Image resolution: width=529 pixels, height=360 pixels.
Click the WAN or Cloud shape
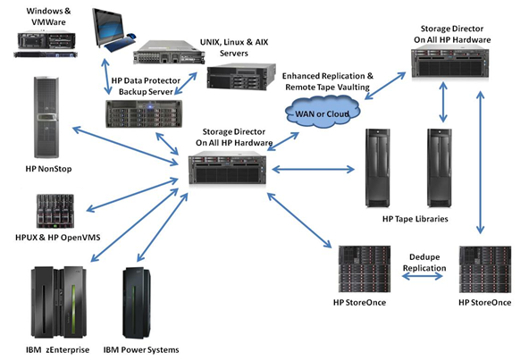tap(323, 112)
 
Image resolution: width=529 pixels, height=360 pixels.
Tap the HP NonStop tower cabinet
tap(46, 117)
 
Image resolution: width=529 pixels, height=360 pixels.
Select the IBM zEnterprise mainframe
tap(59, 302)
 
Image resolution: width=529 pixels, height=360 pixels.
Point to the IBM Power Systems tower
tap(137, 303)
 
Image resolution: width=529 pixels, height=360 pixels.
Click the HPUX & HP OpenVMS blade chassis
tap(55, 211)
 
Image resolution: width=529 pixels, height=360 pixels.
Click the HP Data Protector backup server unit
tap(144, 113)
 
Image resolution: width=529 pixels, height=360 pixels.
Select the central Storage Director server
tap(227, 168)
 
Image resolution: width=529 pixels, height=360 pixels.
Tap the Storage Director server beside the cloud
tap(450, 63)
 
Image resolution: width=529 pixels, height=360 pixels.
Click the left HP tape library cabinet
tap(378, 168)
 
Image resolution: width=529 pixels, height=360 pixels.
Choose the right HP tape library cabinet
tap(440, 168)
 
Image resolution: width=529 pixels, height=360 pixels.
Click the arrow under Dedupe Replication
tap(423, 276)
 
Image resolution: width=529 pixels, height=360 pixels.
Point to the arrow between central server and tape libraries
tap(313, 169)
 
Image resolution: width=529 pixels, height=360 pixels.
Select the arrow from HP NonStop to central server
tap(125, 146)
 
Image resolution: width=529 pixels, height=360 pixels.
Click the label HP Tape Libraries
tap(415, 219)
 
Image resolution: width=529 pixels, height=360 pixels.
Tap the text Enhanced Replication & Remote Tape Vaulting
tap(328, 81)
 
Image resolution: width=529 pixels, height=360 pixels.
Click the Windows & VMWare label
tap(48, 17)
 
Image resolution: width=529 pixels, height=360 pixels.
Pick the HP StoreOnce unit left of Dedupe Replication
tap(365, 269)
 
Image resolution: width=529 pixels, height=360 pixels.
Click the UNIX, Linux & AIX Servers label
tap(234, 47)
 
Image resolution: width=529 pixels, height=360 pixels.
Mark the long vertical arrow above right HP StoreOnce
tap(480, 163)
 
